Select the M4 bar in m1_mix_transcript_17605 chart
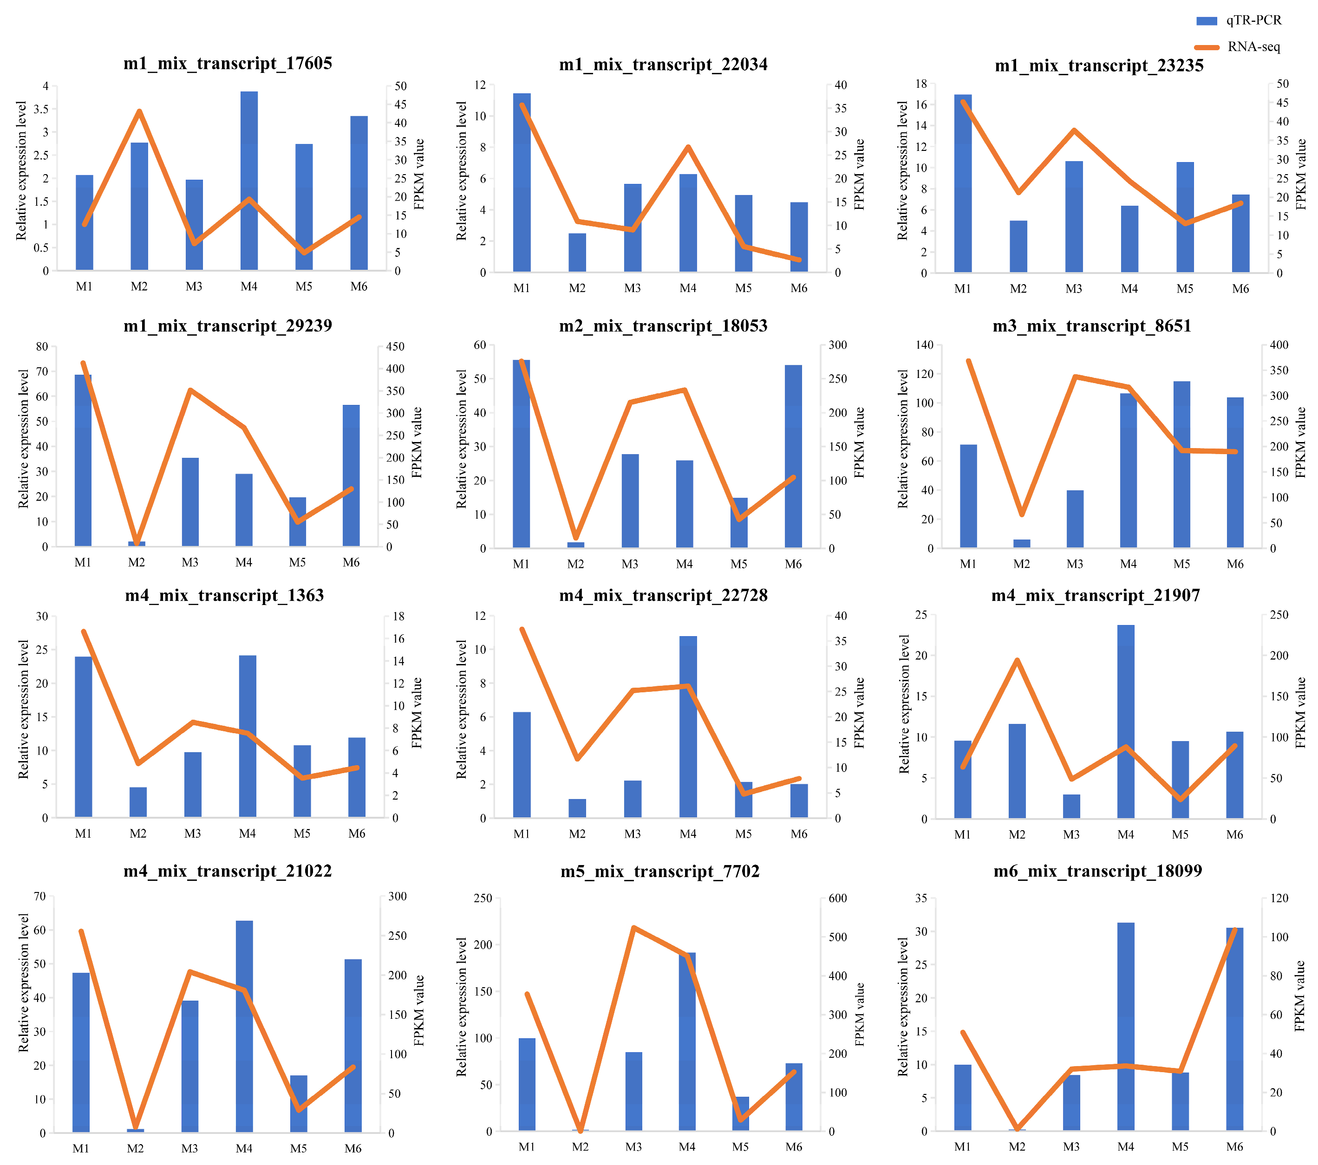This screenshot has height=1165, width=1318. tap(249, 181)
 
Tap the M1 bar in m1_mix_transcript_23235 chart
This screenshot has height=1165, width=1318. tap(963, 184)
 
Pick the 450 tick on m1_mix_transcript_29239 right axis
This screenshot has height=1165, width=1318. tap(395, 347)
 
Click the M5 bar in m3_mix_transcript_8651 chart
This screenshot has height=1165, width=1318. tap(1181, 464)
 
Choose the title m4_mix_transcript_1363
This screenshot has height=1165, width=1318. tap(224, 595)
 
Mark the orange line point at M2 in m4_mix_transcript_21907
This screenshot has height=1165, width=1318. tap(1017, 660)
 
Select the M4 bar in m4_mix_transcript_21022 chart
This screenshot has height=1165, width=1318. tap(244, 1026)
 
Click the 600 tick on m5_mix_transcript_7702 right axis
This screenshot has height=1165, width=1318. tap(837, 898)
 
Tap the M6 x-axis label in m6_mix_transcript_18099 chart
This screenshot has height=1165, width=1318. tap(1234, 1147)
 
